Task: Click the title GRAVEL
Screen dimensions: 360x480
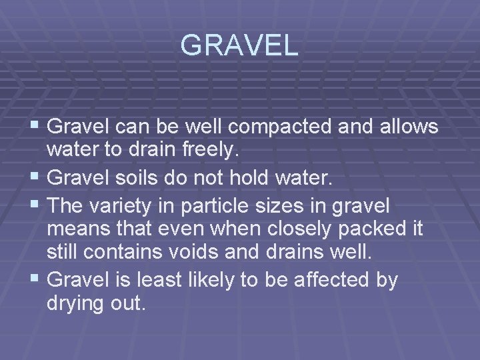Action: [x=239, y=45]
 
